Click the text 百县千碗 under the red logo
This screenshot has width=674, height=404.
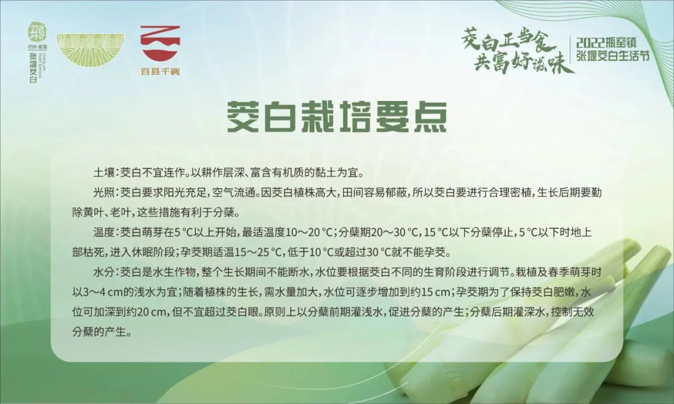click(160, 71)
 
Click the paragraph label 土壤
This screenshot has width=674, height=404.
click(104, 171)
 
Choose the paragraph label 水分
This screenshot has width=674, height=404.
click(104, 272)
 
